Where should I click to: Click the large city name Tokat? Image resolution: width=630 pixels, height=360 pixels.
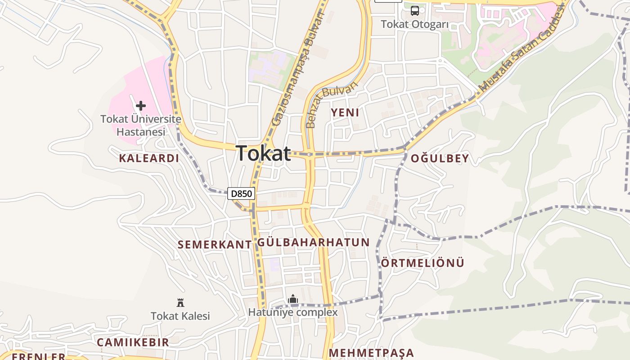tap(264, 153)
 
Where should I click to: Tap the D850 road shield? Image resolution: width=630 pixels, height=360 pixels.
tap(241, 194)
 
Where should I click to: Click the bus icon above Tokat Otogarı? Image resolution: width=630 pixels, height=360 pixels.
tap(415, 10)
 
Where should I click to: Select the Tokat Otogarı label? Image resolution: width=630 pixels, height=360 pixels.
tap(415, 24)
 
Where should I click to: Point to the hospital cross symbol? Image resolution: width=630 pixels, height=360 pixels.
tap(141, 106)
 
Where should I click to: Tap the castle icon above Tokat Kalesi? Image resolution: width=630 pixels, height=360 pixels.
tap(180, 302)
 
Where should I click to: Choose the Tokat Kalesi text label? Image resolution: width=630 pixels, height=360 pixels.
tap(180, 316)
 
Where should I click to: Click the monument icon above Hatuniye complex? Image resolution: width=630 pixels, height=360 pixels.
tap(293, 299)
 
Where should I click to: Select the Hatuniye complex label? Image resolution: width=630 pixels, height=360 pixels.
tap(293, 312)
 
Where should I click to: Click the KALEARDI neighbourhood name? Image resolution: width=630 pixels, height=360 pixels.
tap(149, 158)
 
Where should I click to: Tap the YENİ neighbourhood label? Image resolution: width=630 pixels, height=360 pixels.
tap(345, 112)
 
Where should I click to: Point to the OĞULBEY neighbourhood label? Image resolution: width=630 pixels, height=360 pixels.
tap(440, 158)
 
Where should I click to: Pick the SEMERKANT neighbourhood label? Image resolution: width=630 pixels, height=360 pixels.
tap(215, 244)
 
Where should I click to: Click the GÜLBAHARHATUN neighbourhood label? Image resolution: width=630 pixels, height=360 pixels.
tap(313, 242)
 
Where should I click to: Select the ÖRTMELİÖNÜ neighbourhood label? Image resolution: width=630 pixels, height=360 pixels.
tap(423, 263)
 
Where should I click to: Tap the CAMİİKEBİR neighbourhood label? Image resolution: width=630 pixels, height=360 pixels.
tap(133, 342)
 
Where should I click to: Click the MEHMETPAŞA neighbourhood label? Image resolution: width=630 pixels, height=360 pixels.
tap(371, 353)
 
